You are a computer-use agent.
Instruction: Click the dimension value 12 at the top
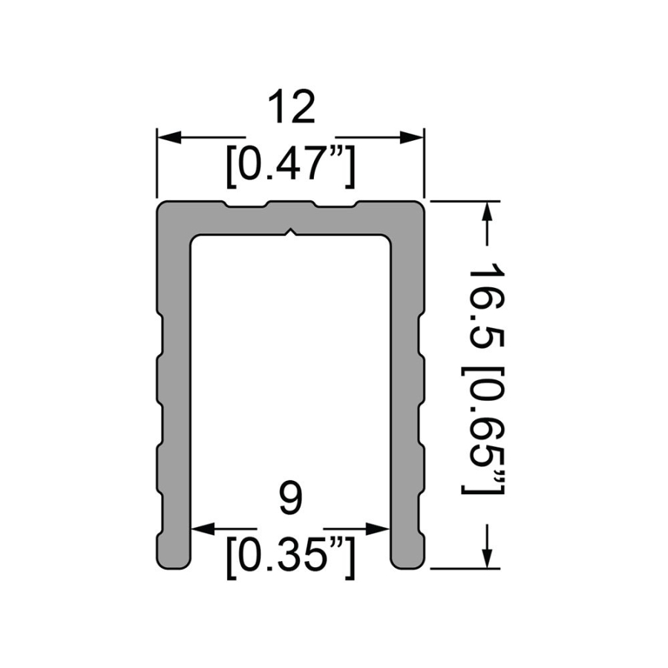coord(291,109)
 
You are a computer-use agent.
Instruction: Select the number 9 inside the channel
coord(291,498)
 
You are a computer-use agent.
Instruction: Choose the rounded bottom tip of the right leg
coord(407,563)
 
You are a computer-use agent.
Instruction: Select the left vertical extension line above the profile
coord(157,163)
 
